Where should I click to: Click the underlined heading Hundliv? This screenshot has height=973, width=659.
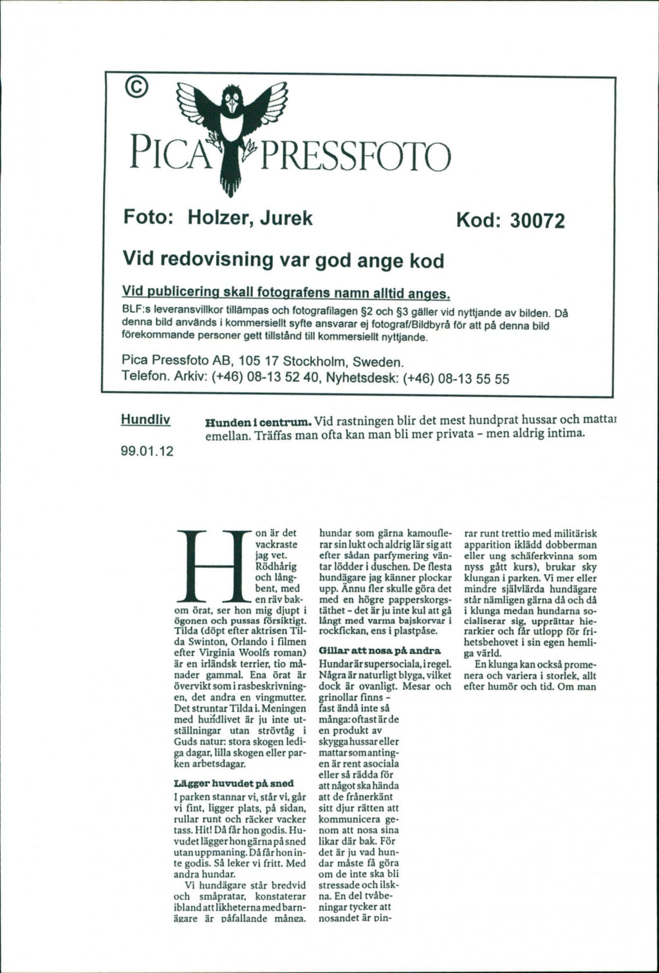[x=145, y=420]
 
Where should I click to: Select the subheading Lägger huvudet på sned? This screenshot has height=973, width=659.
[x=234, y=783]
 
